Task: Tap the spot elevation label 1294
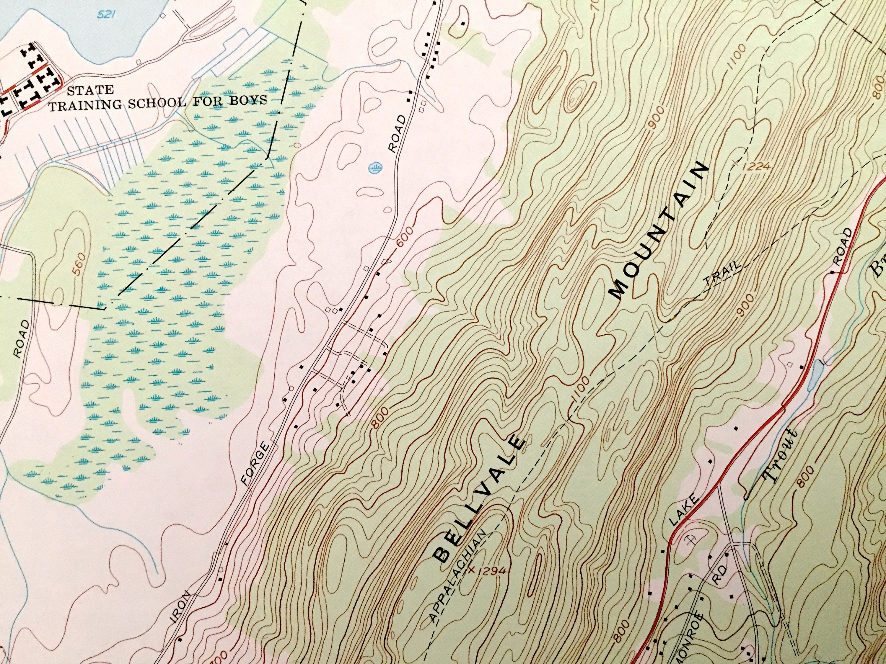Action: pyautogui.click(x=491, y=570)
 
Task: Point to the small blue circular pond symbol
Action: pyautogui.click(x=375, y=167)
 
